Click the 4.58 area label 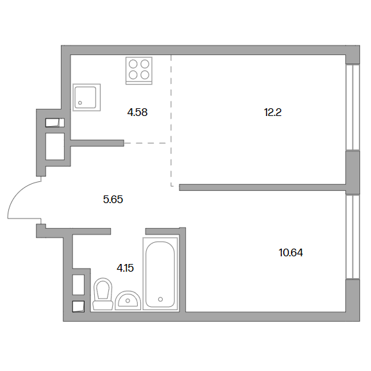[x=137, y=112]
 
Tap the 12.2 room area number [x=272, y=112]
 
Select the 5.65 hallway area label [x=113, y=199]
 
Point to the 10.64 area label [x=291, y=252]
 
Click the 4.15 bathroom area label [x=125, y=268]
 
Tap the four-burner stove [x=139, y=70]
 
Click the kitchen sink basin [x=87, y=97]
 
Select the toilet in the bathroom [x=103, y=293]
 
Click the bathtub [x=160, y=274]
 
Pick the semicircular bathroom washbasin [x=128, y=301]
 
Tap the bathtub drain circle [x=160, y=299]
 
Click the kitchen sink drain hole [x=80, y=103]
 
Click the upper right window [x=352, y=107]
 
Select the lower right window [x=352, y=236]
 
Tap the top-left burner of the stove [x=133, y=64]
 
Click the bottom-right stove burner [x=145, y=75]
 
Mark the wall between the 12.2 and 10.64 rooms [x=263, y=187]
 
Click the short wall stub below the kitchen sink [x=97, y=143]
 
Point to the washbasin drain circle [x=128, y=301]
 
